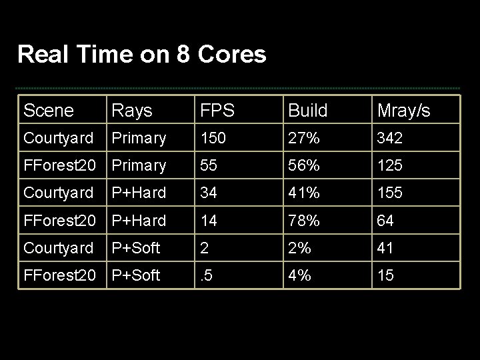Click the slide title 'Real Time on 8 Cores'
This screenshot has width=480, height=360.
pyautogui.click(x=141, y=54)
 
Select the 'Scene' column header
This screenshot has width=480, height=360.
pyautogui.click(x=48, y=111)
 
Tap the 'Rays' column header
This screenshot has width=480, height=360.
pyautogui.click(x=131, y=111)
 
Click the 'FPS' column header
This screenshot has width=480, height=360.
pyautogui.click(x=219, y=111)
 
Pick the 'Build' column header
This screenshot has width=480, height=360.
pyautogui.click(x=307, y=111)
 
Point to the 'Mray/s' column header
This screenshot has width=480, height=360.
pyautogui.click(x=403, y=111)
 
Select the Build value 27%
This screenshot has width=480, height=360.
pyautogui.click(x=303, y=138)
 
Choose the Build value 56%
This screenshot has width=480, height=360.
pyautogui.click(x=303, y=165)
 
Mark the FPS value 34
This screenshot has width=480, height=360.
pyautogui.click(x=209, y=193)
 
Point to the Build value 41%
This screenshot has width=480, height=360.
pyautogui.click(x=303, y=193)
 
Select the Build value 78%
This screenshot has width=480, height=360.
pyautogui.click(x=303, y=221)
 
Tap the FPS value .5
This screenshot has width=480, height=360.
pyautogui.click(x=207, y=275)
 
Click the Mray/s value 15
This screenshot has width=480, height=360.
pyautogui.click(x=385, y=275)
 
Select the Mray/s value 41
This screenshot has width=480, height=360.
pyautogui.click(x=385, y=248)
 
